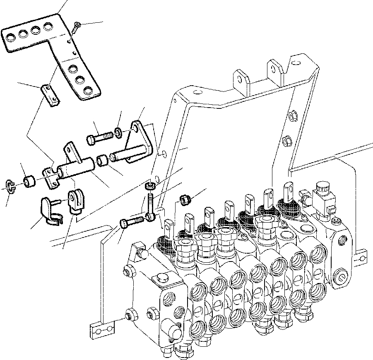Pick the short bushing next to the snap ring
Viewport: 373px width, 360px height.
pyautogui.click(x=29, y=182)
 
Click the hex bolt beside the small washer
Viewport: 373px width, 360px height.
pyautogui.click(x=98, y=138)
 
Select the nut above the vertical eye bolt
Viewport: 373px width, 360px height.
pyautogui.click(x=150, y=185)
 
